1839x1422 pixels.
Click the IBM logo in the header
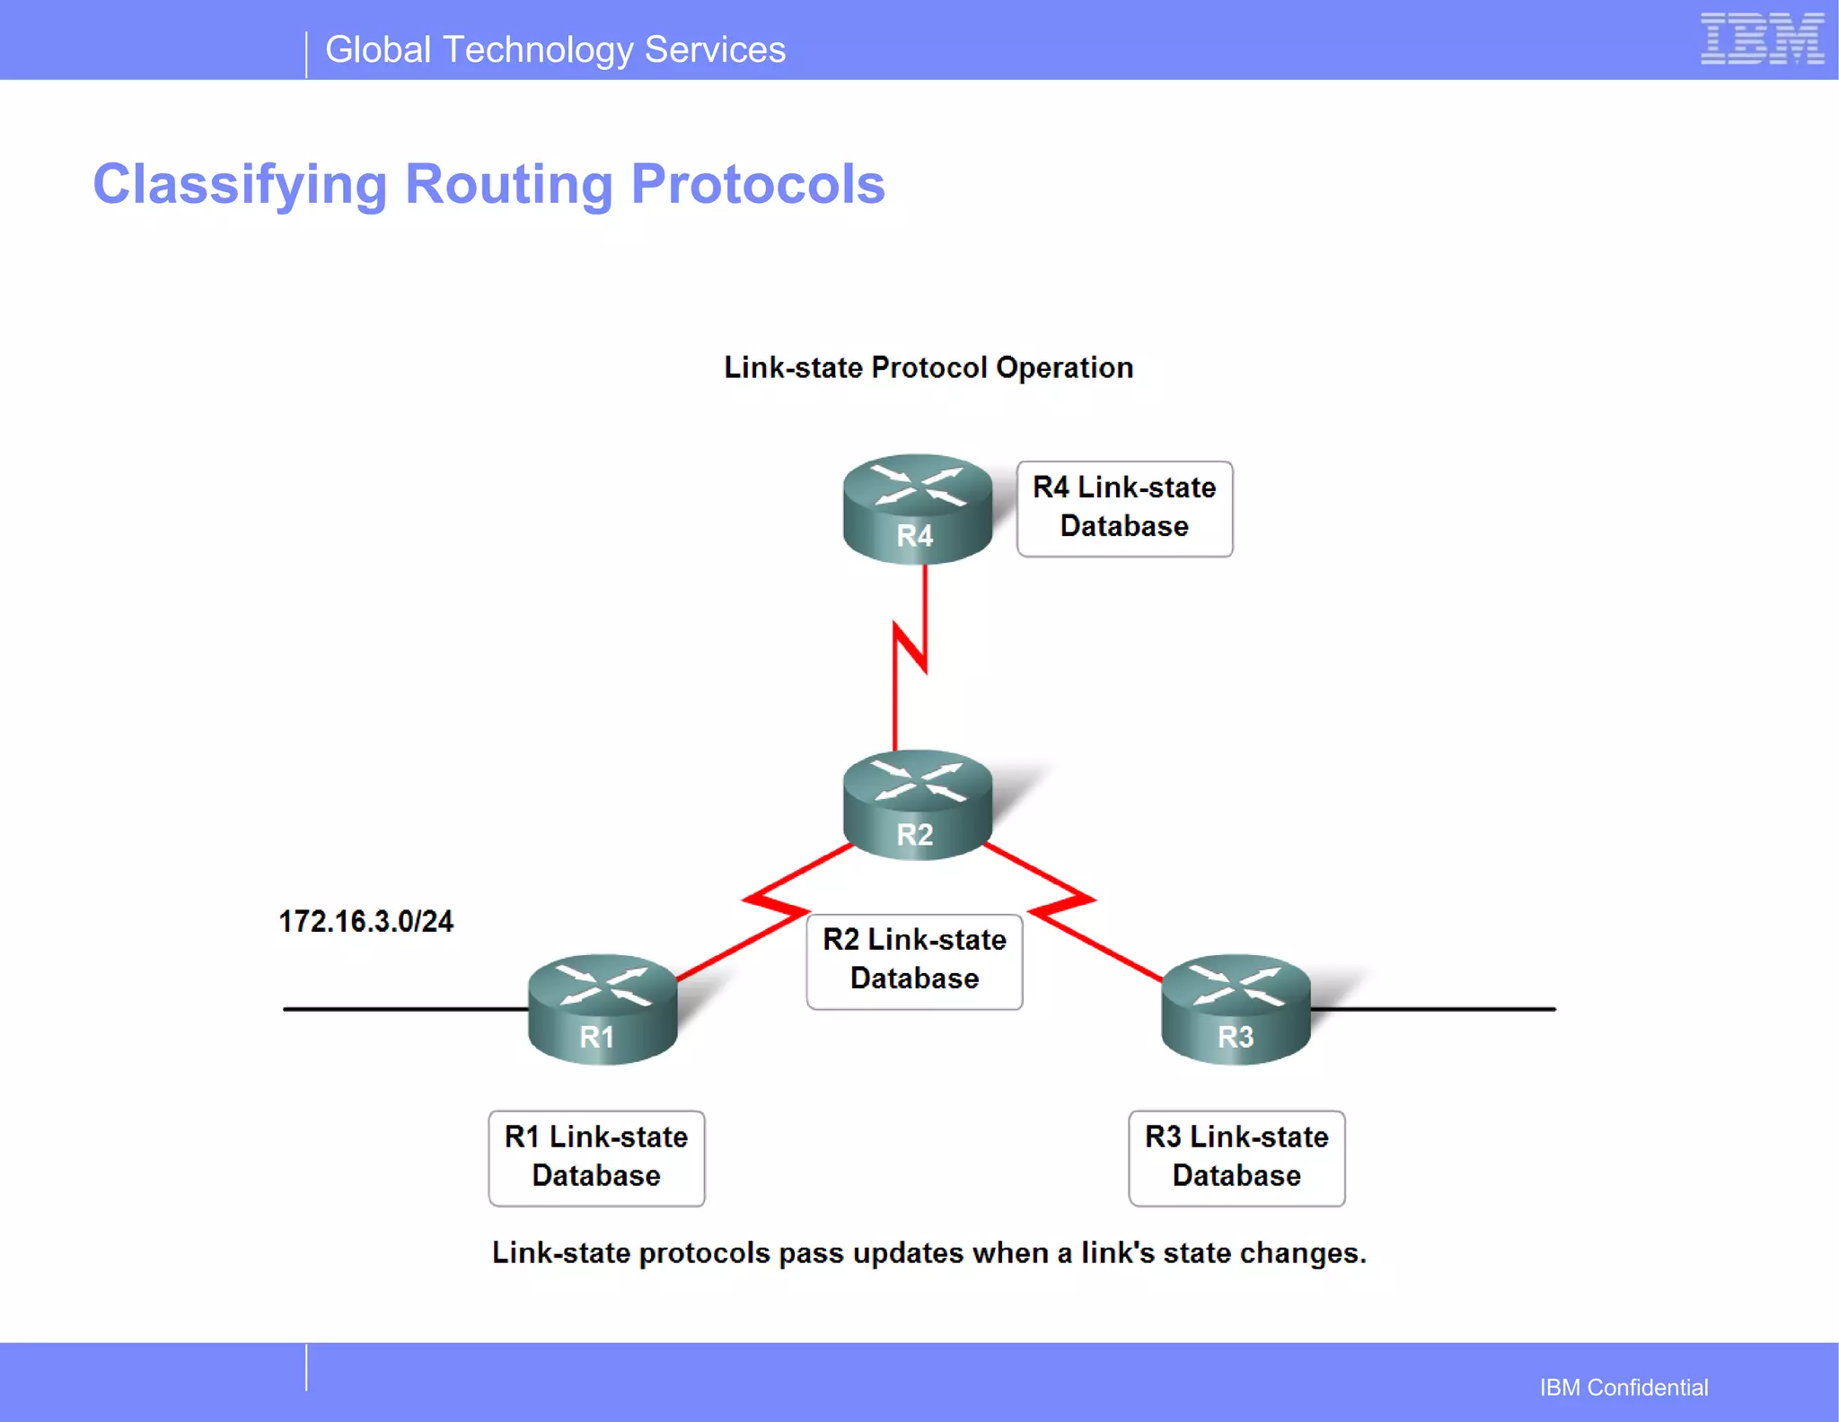click(1761, 39)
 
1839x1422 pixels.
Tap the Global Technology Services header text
click(555, 50)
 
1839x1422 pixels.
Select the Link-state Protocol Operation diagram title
click(928, 368)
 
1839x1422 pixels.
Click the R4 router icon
click(917, 508)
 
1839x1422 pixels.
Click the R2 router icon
click(917, 805)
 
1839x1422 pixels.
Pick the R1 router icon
click(602, 1009)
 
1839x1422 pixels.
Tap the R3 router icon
click(1236, 1009)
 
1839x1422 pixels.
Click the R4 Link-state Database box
click(1124, 508)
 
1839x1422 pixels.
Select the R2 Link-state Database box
click(914, 961)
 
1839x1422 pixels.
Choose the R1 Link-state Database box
click(596, 1158)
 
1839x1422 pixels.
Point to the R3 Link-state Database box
click(1236, 1158)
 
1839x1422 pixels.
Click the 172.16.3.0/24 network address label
click(365, 922)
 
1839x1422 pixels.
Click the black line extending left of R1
click(404, 1009)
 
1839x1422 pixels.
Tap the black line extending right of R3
click(1437, 1009)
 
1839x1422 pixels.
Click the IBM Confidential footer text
click(1623, 1388)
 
